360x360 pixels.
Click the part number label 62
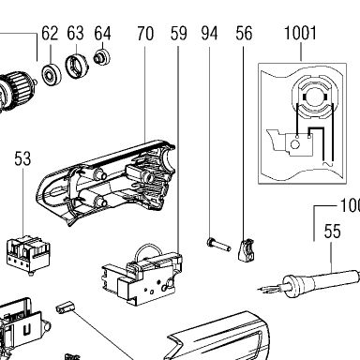[50, 33]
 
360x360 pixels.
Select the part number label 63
[75, 33]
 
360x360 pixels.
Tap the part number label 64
[102, 33]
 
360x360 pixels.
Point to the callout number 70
[145, 34]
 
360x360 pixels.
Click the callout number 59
[178, 34]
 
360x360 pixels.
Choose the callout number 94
[209, 34]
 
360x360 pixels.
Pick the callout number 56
[244, 34]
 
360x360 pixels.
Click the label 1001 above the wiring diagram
[300, 33]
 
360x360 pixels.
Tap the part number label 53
[22, 158]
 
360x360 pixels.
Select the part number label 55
[332, 232]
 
